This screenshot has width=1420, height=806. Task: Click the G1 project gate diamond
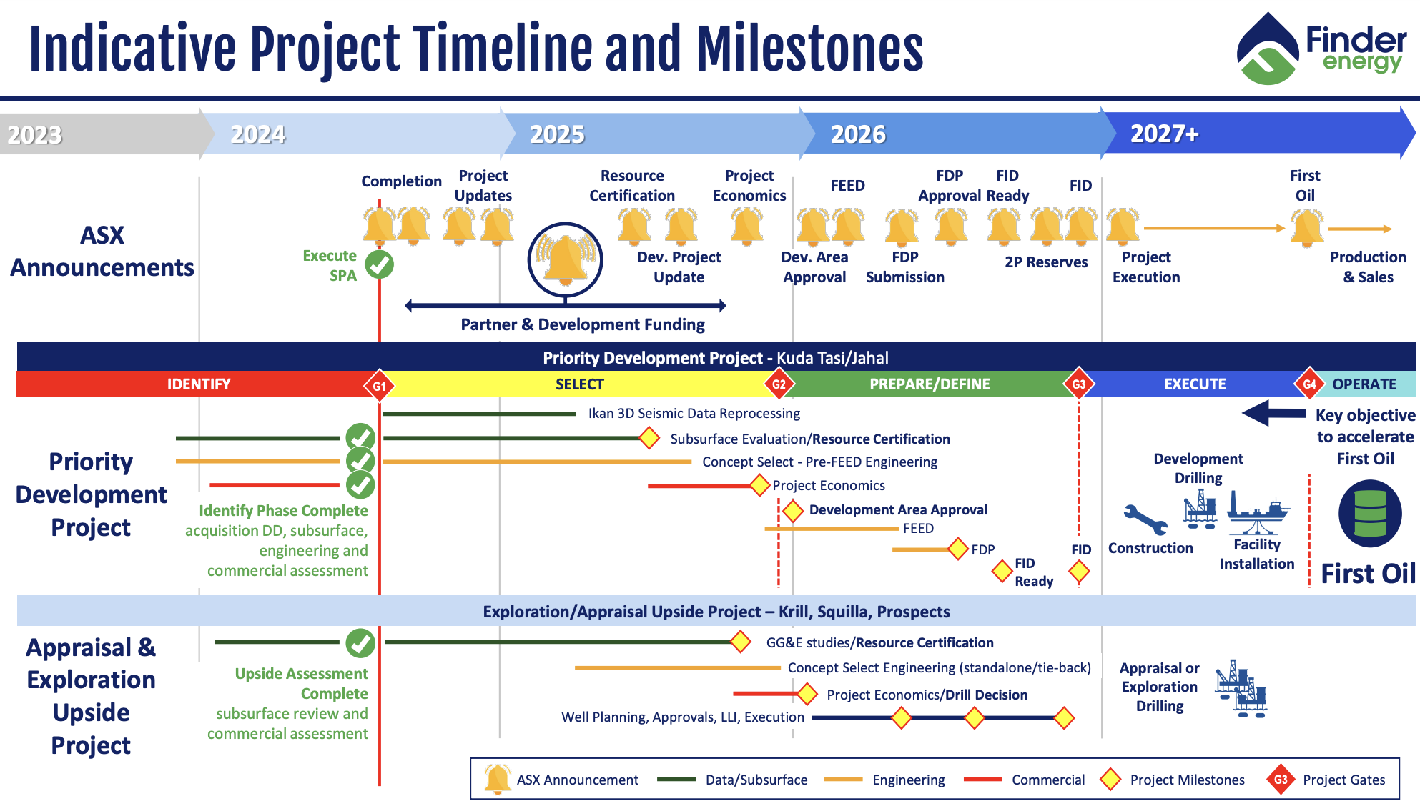tap(379, 385)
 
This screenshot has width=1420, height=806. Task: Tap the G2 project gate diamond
tap(779, 384)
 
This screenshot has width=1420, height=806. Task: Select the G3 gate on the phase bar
tap(1079, 384)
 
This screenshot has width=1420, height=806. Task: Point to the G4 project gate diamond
tap(1309, 384)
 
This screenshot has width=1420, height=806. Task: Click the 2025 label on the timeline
tap(557, 134)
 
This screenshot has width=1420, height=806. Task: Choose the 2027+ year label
tap(1164, 134)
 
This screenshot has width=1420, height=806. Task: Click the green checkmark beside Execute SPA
tap(379, 264)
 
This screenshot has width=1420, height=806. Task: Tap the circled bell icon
tap(565, 259)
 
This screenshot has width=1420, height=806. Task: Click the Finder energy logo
tap(1321, 49)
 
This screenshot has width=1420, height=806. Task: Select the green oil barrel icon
tap(1370, 514)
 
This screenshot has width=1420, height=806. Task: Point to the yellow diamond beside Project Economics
tap(759, 486)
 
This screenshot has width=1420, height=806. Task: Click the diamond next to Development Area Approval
tap(792, 510)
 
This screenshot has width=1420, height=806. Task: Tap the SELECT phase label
tap(579, 384)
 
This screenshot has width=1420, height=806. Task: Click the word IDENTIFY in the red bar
tap(199, 384)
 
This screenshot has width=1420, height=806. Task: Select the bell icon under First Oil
tap(1307, 228)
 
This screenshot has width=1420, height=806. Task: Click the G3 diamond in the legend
tap(1281, 780)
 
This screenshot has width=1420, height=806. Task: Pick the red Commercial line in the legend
tap(982, 780)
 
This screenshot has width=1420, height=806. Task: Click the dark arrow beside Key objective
tap(1273, 413)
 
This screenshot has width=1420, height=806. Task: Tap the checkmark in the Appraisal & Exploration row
tap(360, 643)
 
